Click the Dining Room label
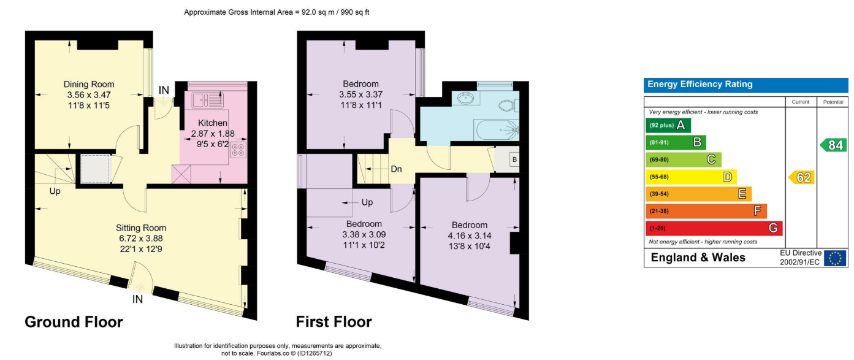(89, 84)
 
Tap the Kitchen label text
(213, 123)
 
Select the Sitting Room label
(141, 228)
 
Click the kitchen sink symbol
(208, 100)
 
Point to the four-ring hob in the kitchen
(238, 150)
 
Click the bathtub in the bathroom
(496, 129)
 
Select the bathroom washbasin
(465, 99)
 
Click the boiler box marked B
(514, 159)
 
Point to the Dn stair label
(397, 169)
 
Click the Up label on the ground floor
(55, 191)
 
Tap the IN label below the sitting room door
(137, 299)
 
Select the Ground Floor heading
(74, 322)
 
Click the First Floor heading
(334, 321)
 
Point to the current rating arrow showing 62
(801, 177)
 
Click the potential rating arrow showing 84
(833, 145)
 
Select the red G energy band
(714, 228)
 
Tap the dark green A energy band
(668, 125)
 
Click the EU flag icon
(835, 258)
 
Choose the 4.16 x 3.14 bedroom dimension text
(470, 236)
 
